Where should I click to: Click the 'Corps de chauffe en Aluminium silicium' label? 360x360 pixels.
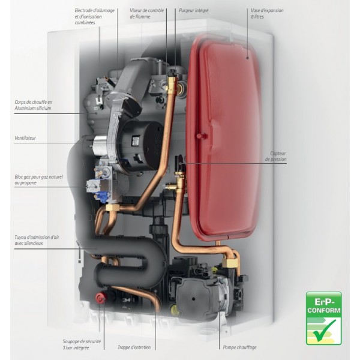34,105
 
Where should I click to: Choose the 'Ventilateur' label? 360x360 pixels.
25,138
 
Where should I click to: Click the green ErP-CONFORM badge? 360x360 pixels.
323,319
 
